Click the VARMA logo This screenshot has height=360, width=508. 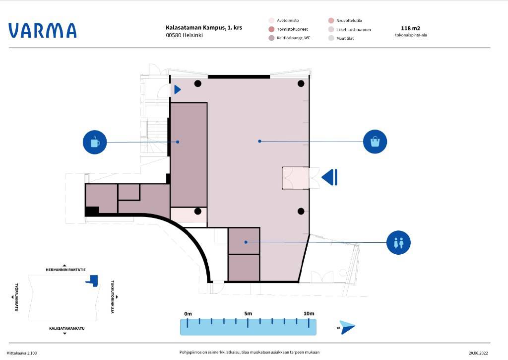pos(43,30)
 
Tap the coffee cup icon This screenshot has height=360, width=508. pos(95,142)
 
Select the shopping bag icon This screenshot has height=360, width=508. pos(375,142)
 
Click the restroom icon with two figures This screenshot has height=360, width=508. pos(398,243)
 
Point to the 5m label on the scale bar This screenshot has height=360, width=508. pos(248,314)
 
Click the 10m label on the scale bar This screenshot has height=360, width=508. pos(309,314)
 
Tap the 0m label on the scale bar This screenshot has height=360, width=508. pos(188,314)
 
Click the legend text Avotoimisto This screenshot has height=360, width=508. pos(288,20)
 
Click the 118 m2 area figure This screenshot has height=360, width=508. pos(410,28)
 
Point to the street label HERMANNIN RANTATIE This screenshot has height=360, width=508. pos(66,270)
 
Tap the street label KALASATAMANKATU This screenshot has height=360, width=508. pos(67,328)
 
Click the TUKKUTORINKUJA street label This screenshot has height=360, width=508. pos(113,297)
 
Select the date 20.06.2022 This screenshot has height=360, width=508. pos(478,353)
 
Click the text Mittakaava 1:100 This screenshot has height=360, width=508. pos(22,353)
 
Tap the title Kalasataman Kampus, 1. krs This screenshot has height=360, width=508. pos(204,28)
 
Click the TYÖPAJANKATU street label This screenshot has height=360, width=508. pos(16,297)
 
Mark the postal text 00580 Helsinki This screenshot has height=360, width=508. pos(185,35)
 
